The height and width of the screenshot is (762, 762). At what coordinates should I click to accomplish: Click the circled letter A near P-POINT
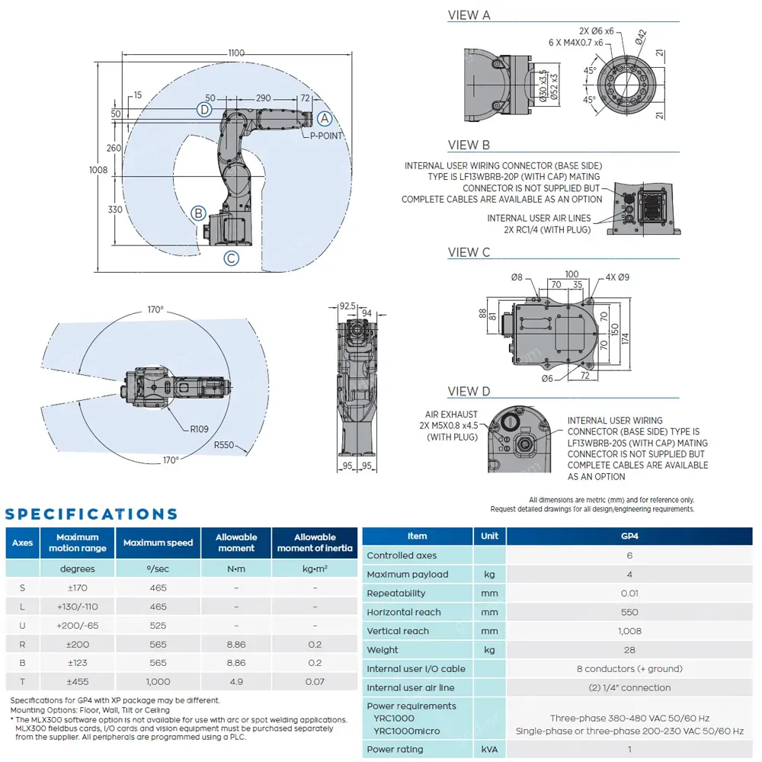(325, 119)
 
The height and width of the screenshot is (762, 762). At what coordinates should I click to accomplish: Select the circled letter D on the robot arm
(204, 110)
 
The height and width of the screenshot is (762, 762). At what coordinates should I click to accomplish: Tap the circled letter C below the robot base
(232, 258)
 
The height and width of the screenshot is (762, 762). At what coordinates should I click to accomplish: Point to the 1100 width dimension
(235, 53)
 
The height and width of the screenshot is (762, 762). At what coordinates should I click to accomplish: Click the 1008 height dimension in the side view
(98, 170)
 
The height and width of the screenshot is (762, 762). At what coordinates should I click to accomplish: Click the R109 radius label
(199, 429)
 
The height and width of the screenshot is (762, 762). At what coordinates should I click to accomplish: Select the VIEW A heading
(469, 15)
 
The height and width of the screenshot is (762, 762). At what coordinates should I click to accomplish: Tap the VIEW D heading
(469, 392)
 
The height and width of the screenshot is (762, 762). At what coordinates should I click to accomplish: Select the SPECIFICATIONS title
(91, 514)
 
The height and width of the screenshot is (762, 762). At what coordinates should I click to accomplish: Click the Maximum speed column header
(158, 543)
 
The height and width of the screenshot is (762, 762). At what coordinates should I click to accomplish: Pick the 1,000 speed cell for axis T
(158, 682)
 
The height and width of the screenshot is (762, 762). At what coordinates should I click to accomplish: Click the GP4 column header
(629, 536)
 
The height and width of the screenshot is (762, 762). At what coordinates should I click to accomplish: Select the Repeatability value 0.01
(629, 593)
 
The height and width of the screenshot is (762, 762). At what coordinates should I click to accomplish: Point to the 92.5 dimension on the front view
(347, 306)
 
